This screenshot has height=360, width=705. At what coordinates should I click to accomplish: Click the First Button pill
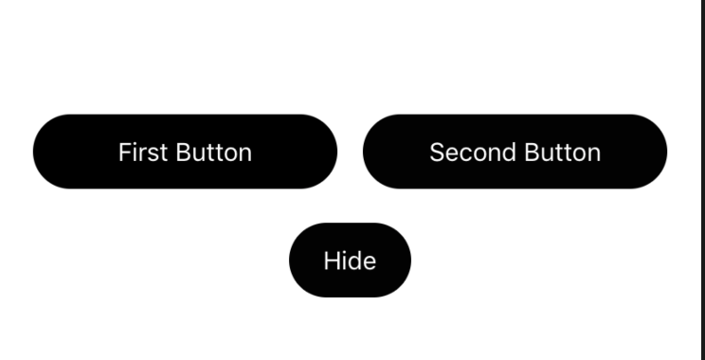tap(185, 152)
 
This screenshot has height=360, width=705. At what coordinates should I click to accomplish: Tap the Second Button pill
tap(515, 152)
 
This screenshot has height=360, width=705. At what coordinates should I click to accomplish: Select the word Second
tap(463, 152)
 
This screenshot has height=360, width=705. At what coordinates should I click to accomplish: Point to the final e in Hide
tap(370, 261)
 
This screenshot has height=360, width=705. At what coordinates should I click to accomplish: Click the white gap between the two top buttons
tap(350, 152)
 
